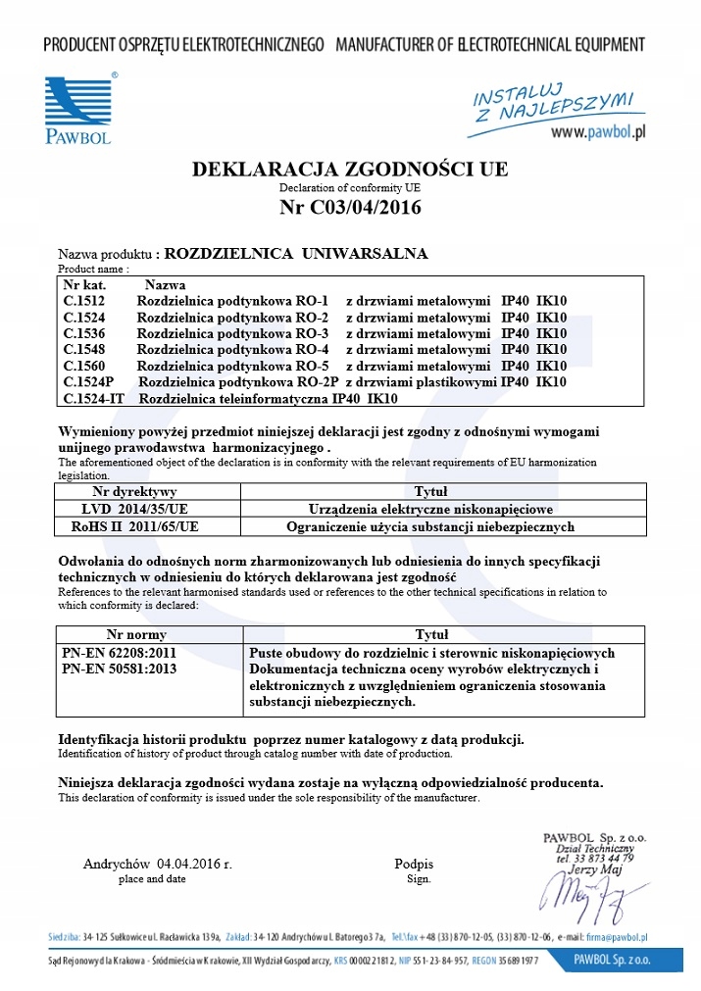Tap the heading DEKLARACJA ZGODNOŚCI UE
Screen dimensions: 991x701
[x=350, y=169]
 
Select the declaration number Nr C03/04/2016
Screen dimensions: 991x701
[x=350, y=207]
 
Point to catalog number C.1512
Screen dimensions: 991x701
[x=84, y=301]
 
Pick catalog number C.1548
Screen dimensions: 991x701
[x=84, y=349]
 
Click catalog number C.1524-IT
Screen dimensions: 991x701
[x=94, y=398]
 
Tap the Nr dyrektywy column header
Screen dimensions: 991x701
[x=134, y=492]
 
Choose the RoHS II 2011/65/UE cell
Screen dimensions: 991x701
[x=134, y=526]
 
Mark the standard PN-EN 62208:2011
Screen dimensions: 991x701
[x=107, y=653]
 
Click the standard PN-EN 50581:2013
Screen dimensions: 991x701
[x=107, y=669]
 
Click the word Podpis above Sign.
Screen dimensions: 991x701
[x=414, y=865]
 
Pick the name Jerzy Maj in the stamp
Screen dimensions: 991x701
[x=595, y=869]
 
